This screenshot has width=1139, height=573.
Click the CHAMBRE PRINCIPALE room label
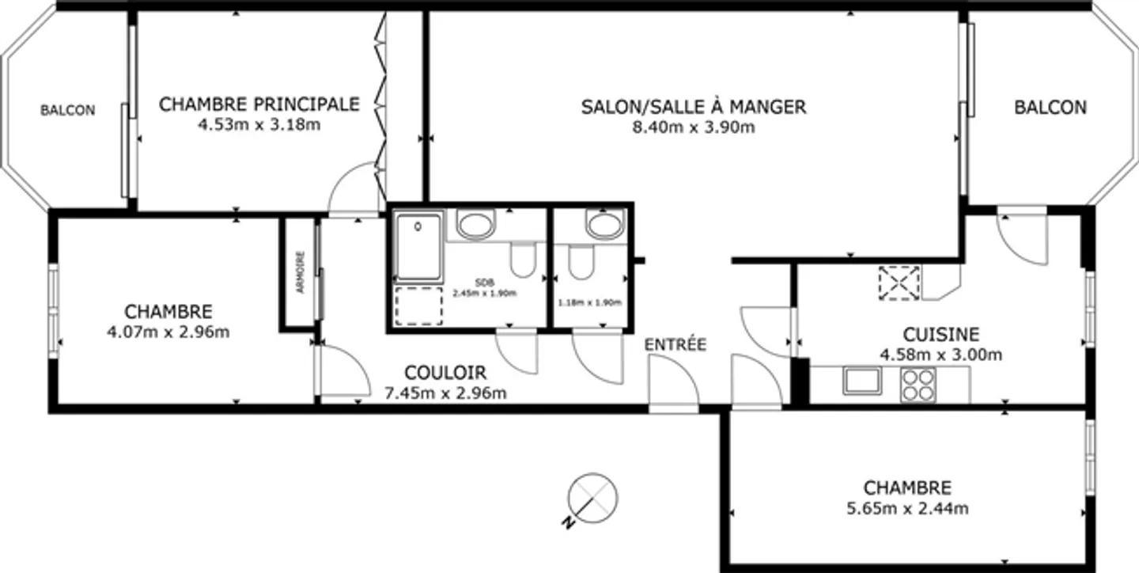tap(259, 104)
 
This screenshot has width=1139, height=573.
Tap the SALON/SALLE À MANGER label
tap(693, 107)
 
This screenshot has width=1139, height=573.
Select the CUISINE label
tap(941, 335)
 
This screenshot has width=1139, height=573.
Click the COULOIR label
tap(445, 373)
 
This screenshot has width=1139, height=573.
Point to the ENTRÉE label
tap(675, 344)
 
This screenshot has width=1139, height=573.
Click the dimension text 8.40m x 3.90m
tap(693, 127)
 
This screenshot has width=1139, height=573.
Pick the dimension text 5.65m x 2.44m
tap(907, 508)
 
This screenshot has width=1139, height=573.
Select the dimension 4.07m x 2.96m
tap(168, 332)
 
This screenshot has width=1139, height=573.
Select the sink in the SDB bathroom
tap(476, 224)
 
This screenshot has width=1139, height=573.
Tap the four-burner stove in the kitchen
tap(918, 384)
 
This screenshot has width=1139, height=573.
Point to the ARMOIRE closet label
tap(300, 273)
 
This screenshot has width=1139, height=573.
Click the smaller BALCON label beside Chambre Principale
tap(68, 111)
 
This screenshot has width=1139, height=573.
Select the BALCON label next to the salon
tap(1050, 107)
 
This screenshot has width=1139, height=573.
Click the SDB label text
tap(483, 283)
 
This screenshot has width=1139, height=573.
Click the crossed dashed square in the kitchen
tap(899, 283)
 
